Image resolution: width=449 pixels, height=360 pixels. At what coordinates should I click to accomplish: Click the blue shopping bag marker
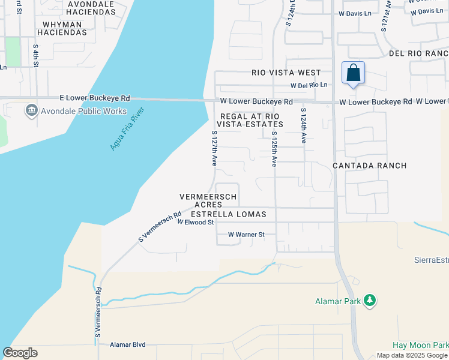click(354, 73)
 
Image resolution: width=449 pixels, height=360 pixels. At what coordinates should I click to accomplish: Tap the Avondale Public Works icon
click(31, 111)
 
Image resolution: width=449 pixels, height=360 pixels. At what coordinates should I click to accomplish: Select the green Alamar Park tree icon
click(370, 299)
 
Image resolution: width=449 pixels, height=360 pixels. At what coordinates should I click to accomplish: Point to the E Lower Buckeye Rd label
click(94, 98)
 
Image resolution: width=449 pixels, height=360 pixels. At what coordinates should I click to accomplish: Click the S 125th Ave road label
click(274, 149)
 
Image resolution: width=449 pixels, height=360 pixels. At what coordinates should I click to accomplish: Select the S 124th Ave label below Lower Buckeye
click(304, 125)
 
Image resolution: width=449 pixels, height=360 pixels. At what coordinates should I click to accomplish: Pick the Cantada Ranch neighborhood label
click(370, 166)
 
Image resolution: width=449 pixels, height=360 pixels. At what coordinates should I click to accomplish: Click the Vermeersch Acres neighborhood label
click(208, 200)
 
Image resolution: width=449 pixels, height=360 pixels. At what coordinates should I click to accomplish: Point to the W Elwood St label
click(196, 223)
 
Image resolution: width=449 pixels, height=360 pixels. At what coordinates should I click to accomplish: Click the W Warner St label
click(246, 235)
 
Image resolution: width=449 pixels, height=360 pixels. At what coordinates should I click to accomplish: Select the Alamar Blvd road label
click(127, 345)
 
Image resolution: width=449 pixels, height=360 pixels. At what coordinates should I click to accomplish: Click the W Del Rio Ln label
click(309, 85)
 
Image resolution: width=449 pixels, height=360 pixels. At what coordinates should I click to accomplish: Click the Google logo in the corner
click(20, 353)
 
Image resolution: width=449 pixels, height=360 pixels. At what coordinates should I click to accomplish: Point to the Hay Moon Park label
click(420, 345)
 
